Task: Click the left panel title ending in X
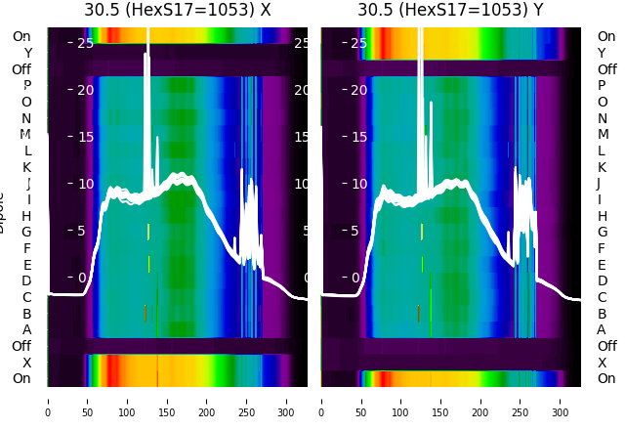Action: [177, 11]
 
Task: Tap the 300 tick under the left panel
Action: [287, 400]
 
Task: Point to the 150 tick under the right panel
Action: [441, 400]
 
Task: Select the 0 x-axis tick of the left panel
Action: [48, 400]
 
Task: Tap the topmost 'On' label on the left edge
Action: [21, 36]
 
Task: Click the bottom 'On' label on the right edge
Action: [606, 378]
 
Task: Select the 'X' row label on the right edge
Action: [602, 363]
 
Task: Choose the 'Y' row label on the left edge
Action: [27, 53]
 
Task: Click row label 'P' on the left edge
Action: [27, 85]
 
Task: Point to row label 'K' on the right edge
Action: [602, 166]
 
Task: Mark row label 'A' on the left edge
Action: [27, 329]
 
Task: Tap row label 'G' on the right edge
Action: [602, 232]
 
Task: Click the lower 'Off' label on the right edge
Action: [606, 346]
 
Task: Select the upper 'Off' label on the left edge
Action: [21, 69]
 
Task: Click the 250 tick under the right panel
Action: [521, 400]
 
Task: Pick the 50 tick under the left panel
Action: [88, 400]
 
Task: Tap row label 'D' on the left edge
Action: [27, 280]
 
